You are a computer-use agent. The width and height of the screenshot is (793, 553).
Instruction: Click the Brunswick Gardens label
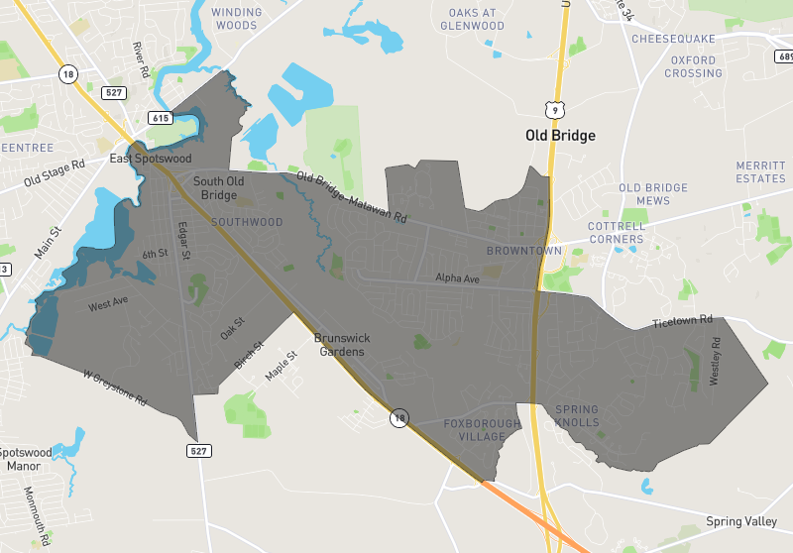340,344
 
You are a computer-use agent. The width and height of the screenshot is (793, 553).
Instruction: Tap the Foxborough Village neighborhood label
481,429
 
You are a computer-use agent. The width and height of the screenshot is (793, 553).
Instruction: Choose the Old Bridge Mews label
652,193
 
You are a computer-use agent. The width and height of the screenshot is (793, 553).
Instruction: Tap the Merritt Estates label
761,171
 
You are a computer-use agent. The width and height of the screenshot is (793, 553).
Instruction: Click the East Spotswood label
150,159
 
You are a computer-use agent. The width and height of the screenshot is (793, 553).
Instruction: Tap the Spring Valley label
743,521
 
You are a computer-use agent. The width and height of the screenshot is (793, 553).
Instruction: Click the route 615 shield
160,118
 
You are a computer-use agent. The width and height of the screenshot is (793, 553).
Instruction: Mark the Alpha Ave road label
457,279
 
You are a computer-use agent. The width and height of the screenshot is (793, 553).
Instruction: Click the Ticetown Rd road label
683,322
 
